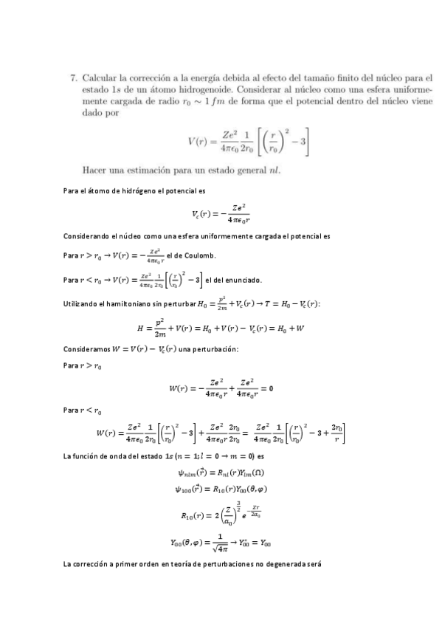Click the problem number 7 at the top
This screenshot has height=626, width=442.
click(x=73, y=76)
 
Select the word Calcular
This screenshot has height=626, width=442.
click(x=99, y=76)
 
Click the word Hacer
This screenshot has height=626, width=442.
click(x=97, y=169)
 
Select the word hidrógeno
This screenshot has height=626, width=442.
click(x=134, y=192)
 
